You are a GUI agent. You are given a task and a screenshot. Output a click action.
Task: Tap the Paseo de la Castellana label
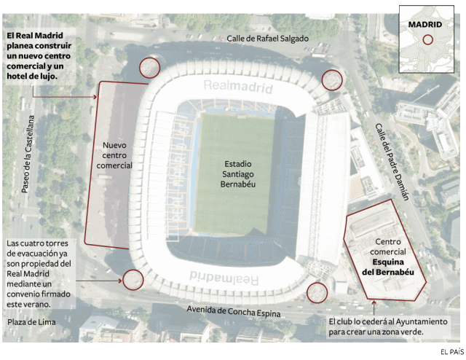tap(28, 154)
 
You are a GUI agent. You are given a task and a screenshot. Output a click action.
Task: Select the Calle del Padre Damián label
tap(392, 161)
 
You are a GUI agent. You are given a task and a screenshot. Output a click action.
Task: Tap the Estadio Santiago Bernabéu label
tap(238, 174)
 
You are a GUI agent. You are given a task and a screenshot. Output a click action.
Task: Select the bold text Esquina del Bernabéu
tap(383, 267)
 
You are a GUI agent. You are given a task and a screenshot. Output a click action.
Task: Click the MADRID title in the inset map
tap(425, 24)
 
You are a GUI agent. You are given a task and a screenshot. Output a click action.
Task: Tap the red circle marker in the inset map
tap(429, 41)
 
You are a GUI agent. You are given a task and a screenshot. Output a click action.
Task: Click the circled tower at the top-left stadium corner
tap(149, 68)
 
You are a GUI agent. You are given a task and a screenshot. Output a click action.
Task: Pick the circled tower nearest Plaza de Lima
tap(133, 278)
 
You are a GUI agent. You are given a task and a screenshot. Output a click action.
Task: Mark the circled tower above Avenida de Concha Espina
tap(317, 292)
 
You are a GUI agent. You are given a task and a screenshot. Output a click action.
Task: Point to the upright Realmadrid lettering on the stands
tap(238, 88)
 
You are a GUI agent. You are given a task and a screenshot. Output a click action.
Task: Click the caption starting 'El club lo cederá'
tap(376, 326)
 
